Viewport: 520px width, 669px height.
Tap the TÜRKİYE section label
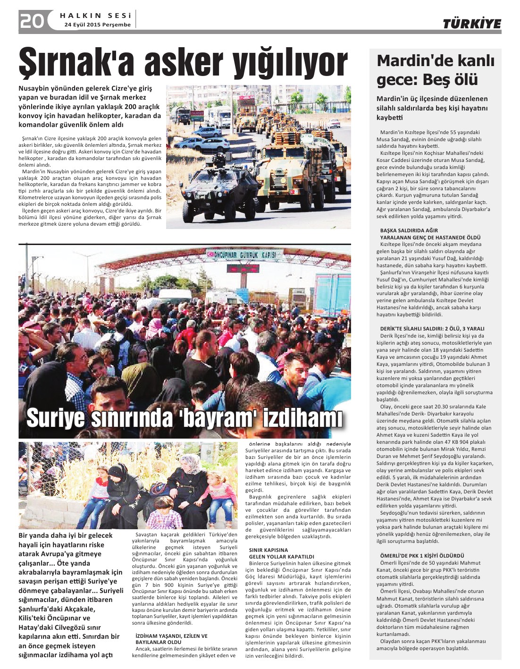tap(471, 24)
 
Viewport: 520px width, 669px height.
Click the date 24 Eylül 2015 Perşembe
tap(98, 25)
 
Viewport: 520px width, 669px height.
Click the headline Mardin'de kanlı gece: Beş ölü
tap(435, 70)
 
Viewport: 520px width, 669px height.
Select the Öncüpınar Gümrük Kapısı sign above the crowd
tap(245, 254)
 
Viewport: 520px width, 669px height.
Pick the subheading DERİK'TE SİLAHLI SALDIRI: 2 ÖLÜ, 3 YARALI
tap(432, 329)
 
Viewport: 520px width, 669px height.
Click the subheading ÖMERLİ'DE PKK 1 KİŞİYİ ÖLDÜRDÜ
tap(422, 556)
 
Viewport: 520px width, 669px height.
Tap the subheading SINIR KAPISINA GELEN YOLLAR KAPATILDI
tap(281, 553)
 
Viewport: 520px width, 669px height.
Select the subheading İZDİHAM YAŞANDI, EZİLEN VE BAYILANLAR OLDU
tap(171, 639)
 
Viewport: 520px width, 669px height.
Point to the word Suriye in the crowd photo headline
tap(55, 417)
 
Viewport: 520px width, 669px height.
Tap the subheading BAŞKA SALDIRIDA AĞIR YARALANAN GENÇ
tap(430, 234)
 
